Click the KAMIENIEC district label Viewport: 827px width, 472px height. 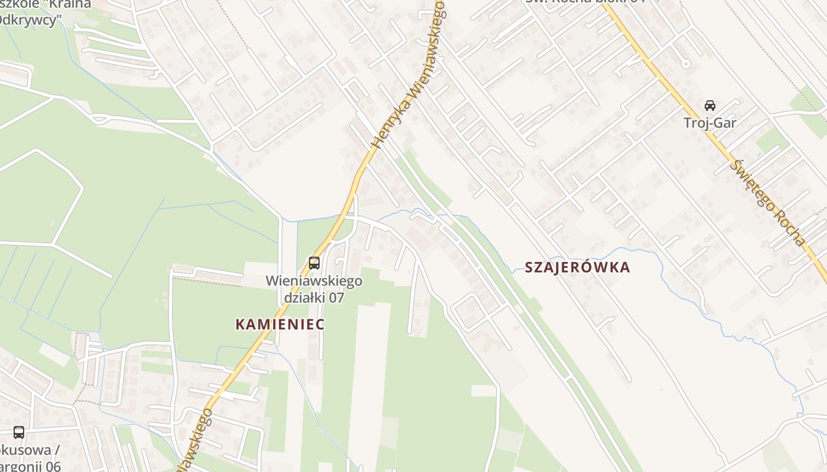[280, 324]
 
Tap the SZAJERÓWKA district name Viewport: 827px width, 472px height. [577, 267]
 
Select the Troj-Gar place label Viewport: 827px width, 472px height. [709, 123]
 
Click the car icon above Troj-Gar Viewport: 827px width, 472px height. [709, 106]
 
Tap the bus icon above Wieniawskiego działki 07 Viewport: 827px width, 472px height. [314, 263]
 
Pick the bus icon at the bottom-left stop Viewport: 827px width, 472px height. [19, 432]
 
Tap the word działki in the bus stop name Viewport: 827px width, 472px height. [305, 297]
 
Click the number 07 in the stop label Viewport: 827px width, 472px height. [336, 297]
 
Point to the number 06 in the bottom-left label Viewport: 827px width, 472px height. [53, 466]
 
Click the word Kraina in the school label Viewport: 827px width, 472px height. [70, 5]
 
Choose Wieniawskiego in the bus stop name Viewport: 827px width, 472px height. [314, 281]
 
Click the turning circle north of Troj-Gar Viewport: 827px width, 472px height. [685, 63]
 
